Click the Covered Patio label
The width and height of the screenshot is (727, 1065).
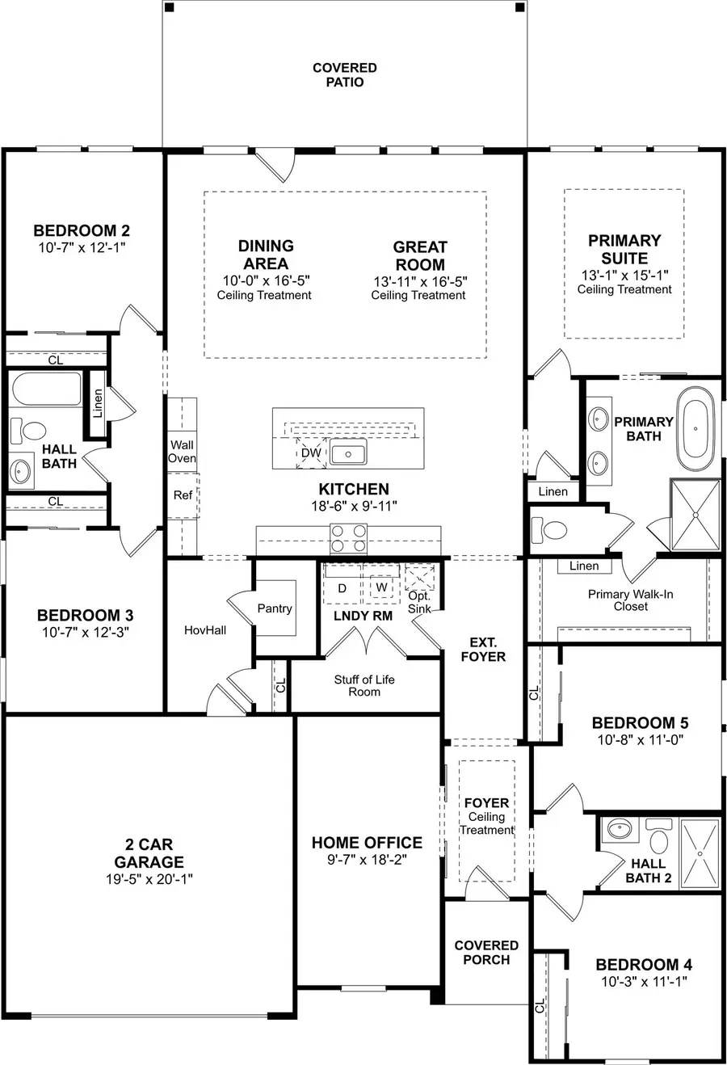coord(345,75)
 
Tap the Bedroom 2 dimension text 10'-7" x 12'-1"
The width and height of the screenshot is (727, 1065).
coord(81,248)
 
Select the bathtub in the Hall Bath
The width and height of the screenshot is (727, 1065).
coord(47,389)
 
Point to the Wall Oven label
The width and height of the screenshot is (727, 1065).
coord(182,451)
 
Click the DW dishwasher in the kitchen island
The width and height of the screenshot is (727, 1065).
coord(310,453)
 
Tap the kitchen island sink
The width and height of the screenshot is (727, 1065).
coord(348,453)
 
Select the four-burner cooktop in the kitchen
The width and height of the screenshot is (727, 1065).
coord(348,537)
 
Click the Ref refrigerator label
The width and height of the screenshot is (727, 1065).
coord(183,495)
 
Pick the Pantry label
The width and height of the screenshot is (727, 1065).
coord(275,608)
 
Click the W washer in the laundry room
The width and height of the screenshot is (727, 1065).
coord(381,587)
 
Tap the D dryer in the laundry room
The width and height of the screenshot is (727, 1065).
coord(342,588)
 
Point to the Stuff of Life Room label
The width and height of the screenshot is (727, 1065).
coord(364,685)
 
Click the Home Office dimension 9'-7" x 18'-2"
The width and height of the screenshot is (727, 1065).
coord(368,860)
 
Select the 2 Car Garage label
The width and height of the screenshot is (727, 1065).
coord(149,853)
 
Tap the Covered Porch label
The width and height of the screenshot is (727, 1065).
coord(486,952)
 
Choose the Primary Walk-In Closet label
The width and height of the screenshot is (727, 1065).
coord(630,600)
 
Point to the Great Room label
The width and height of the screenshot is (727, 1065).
coord(420,256)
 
